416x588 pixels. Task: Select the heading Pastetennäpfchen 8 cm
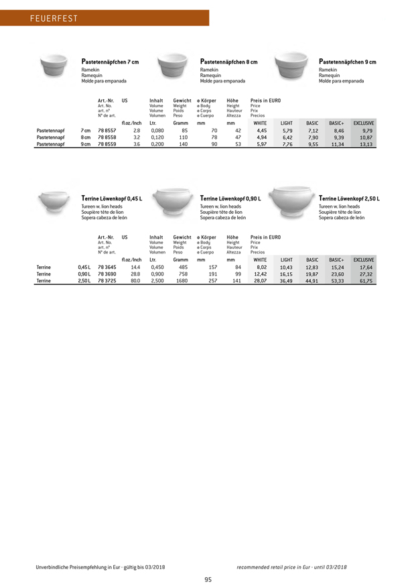coord(229,62)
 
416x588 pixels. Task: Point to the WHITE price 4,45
coord(261,130)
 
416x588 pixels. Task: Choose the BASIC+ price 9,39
coord(337,137)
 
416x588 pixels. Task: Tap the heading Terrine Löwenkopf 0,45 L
coord(111,199)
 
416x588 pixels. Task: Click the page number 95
coord(208,579)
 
